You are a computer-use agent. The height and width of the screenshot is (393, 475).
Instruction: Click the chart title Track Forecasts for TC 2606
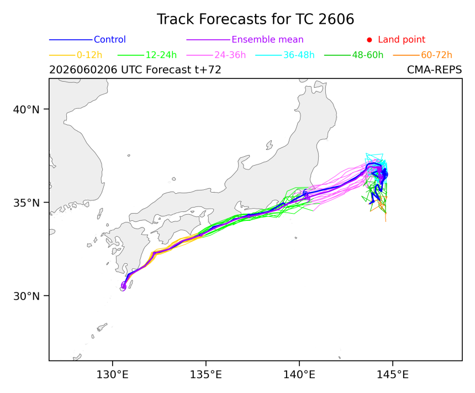click(255, 19)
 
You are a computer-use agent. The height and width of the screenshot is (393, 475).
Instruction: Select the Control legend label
click(110, 40)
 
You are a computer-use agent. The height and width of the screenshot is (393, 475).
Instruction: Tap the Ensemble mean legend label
click(267, 40)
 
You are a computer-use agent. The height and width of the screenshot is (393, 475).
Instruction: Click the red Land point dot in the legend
click(370, 40)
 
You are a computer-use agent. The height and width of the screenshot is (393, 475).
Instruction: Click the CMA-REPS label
click(435, 70)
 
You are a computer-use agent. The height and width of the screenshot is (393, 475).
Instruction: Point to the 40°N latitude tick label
click(27, 109)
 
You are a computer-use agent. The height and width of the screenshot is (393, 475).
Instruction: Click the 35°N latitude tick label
click(27, 203)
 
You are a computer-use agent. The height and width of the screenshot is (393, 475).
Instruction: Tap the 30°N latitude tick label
click(27, 296)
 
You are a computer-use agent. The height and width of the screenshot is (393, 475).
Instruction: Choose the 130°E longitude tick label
click(112, 375)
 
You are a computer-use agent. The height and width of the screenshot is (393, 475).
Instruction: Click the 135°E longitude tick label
click(205, 375)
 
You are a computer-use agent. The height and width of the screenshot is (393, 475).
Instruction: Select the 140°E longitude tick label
click(299, 375)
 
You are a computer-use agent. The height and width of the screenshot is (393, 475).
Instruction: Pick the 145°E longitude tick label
click(393, 375)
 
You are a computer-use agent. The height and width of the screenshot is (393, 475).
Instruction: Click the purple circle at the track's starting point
click(124, 286)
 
